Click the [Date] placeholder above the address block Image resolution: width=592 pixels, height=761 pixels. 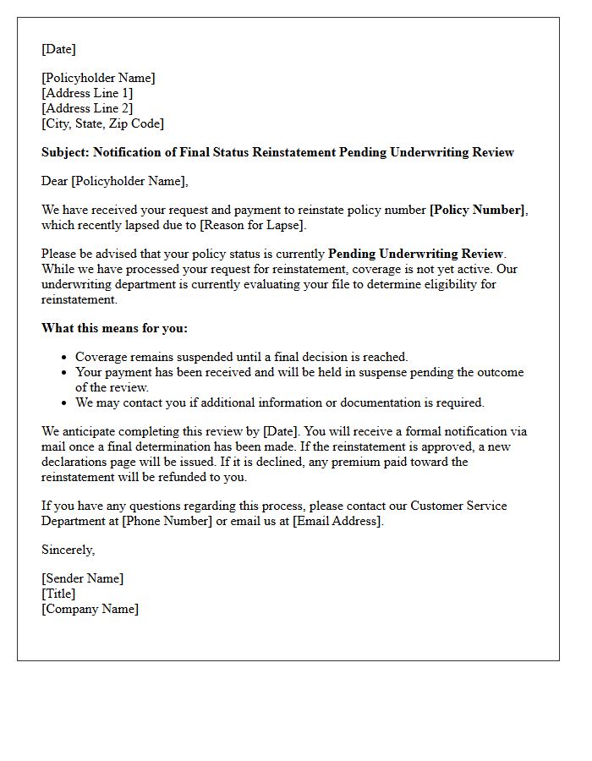point(58,49)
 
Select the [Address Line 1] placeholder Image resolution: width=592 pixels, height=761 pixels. point(87,93)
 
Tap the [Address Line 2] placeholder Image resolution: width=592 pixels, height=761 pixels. point(87,108)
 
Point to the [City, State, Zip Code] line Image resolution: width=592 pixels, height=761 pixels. point(102,123)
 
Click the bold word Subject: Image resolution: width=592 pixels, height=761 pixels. point(65,152)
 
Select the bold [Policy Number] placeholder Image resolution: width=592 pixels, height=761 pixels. point(477,210)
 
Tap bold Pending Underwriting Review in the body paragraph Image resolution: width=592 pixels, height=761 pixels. point(415,254)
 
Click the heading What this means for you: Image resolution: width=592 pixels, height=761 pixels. point(114,328)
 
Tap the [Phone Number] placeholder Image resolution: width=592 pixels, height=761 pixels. point(167,521)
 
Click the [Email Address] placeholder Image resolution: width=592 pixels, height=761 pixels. point(337,521)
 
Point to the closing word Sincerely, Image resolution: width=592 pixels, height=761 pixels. point(69,550)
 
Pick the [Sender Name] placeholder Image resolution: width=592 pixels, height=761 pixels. point(82,578)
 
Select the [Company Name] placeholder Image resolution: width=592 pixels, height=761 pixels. point(90,609)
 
